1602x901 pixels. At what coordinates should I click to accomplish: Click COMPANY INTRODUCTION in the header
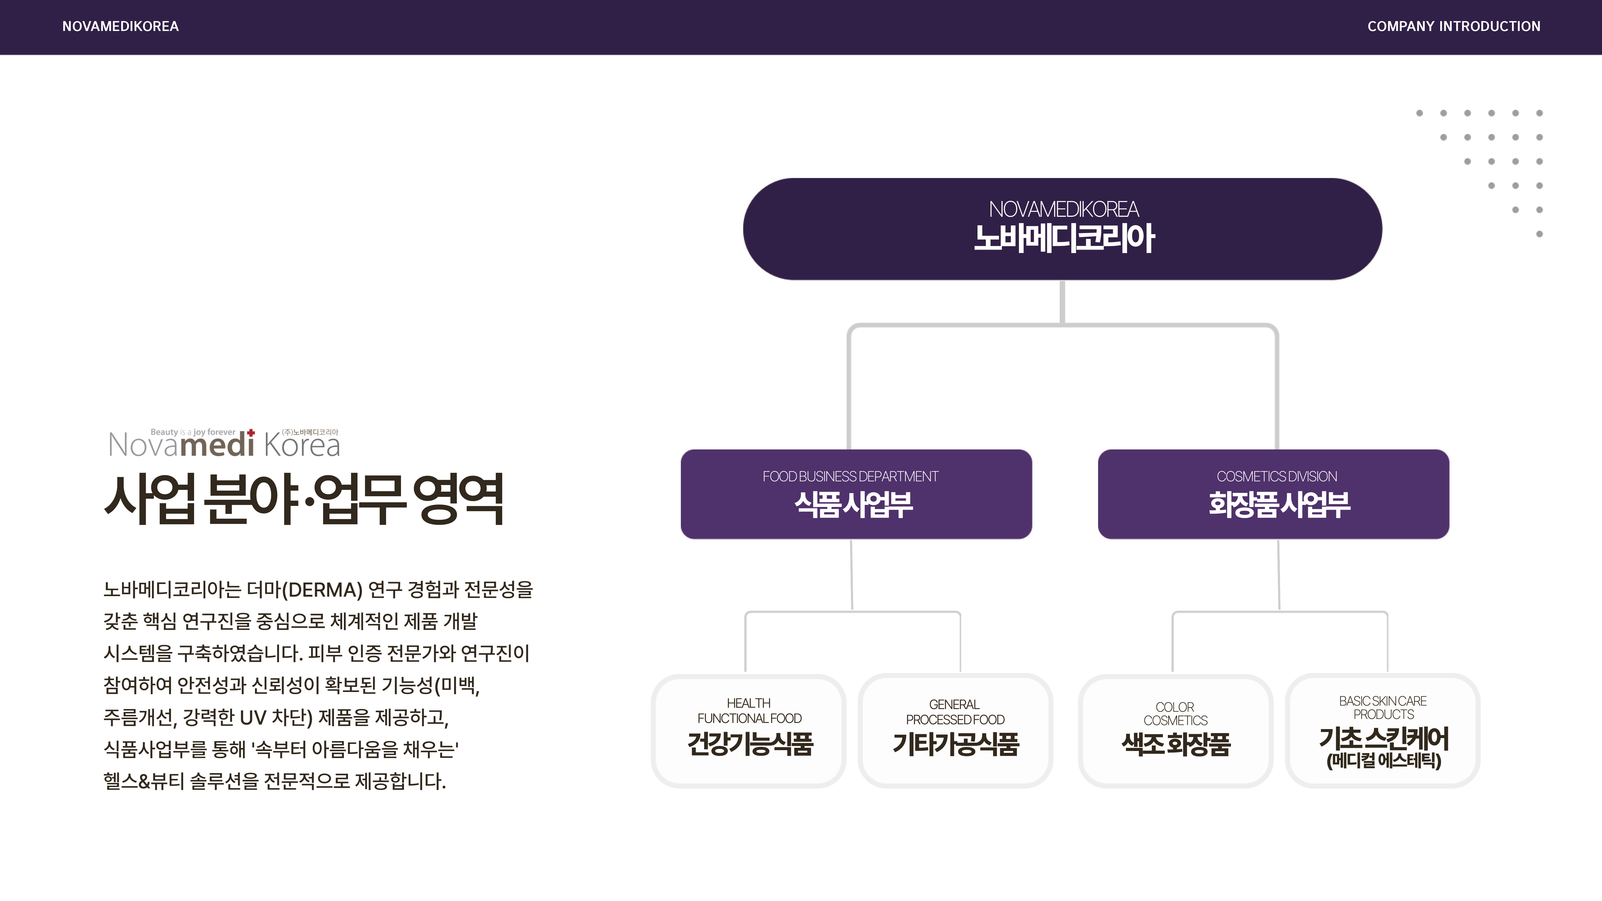(1453, 26)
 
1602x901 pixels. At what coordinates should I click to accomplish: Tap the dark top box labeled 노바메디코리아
(1062, 229)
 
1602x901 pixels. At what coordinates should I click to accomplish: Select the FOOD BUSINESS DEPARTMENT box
(856, 494)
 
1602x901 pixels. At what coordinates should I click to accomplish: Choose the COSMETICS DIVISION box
(1273, 494)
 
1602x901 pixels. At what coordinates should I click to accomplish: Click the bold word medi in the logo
(217, 445)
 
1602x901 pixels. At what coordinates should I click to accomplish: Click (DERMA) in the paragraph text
(321, 589)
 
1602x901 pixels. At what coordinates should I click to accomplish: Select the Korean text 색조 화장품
(1175, 744)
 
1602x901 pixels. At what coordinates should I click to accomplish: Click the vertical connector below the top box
(1062, 302)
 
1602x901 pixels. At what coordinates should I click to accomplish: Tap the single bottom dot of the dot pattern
(1539, 234)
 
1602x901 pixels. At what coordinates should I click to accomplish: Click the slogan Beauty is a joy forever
(193, 432)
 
